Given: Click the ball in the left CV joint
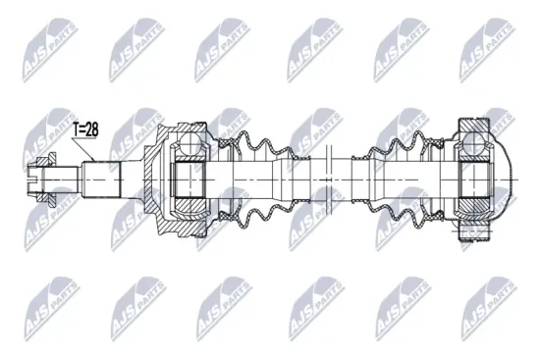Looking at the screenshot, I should click(187, 145).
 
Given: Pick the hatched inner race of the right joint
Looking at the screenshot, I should click(475, 180).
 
